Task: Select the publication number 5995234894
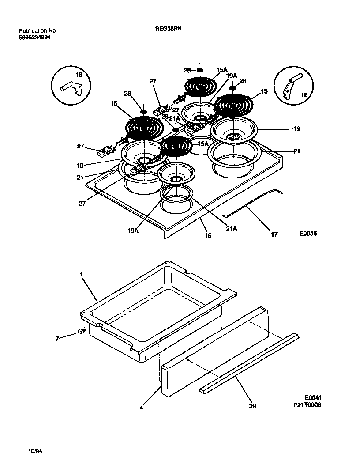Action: tap(35, 38)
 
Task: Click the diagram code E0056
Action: tap(307, 234)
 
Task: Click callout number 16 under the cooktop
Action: tap(208, 235)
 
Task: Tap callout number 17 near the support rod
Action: tap(274, 234)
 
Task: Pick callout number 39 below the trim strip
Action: tap(252, 406)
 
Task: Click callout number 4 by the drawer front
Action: tap(141, 408)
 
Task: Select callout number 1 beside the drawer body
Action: tap(82, 274)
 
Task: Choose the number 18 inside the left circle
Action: tap(79, 75)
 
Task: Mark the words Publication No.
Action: tap(38, 31)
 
